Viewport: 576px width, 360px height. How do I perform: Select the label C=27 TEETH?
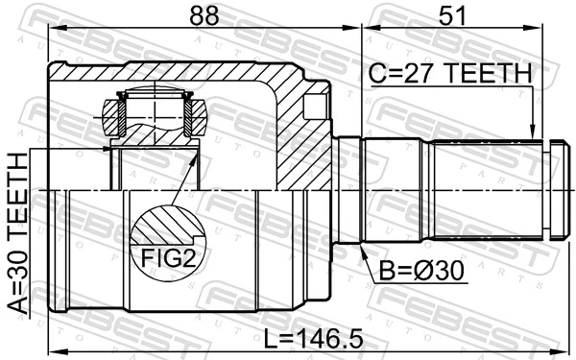tap(448, 72)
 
